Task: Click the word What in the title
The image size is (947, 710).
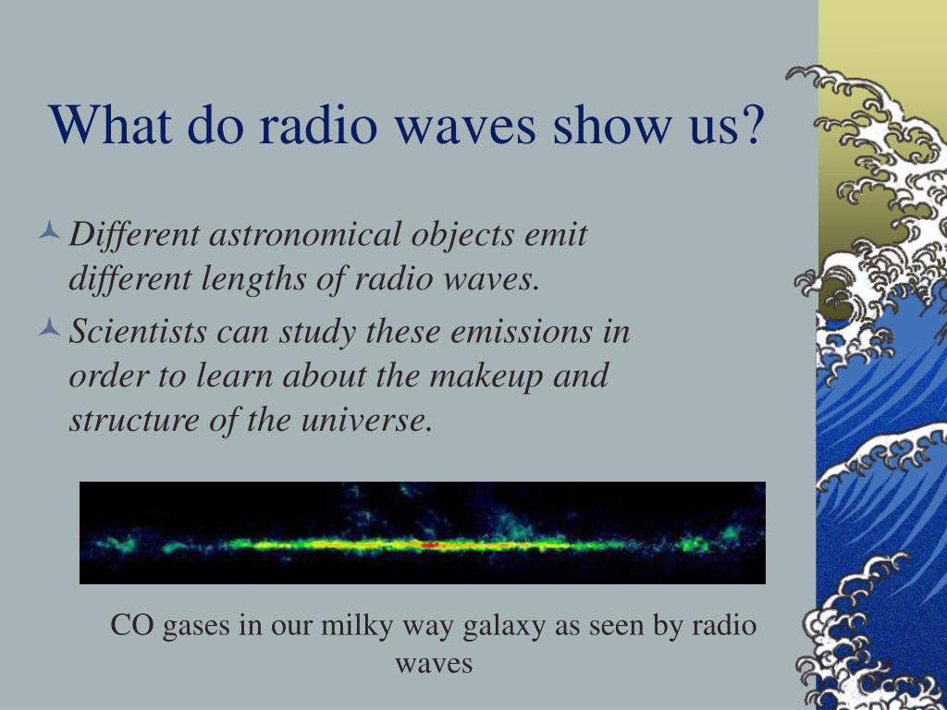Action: point(109,124)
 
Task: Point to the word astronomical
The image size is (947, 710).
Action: point(305,234)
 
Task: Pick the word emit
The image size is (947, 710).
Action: point(556,234)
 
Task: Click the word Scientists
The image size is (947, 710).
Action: point(138,331)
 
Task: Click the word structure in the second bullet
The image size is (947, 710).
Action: point(134,421)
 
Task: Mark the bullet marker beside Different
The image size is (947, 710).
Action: point(50,230)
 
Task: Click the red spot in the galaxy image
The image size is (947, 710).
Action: point(430,545)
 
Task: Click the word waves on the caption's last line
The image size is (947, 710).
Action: point(434,665)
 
